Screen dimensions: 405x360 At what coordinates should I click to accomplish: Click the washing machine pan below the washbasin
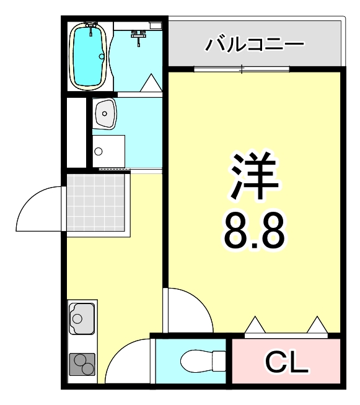108,151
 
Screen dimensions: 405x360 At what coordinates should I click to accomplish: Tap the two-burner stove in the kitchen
82,365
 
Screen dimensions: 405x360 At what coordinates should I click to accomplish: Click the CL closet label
286,362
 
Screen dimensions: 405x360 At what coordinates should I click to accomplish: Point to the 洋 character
255,175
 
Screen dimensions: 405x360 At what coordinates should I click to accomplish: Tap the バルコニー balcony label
255,45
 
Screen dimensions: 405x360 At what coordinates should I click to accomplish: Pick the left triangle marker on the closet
255,324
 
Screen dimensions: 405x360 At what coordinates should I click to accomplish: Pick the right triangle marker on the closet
317,324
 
